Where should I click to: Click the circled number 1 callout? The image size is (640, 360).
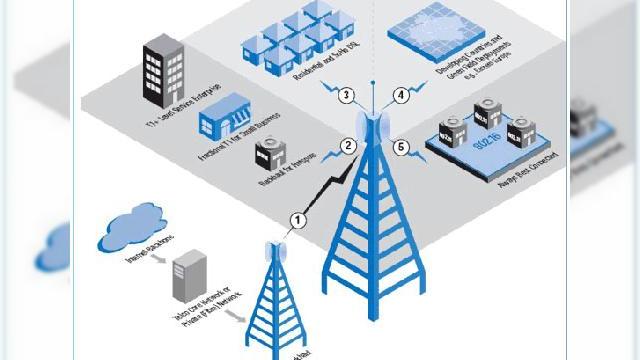[x=296, y=217]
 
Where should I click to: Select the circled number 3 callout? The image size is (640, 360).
[x=344, y=96]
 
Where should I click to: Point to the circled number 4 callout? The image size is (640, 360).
[x=401, y=96]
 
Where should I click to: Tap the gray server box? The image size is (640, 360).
[x=186, y=276]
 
